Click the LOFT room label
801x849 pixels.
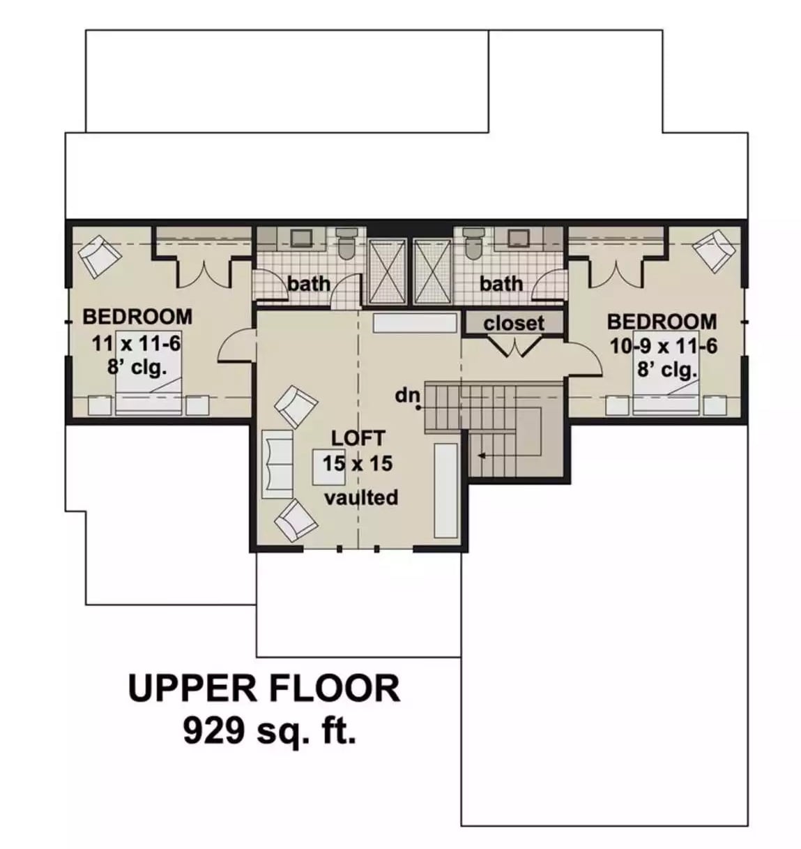click(358, 438)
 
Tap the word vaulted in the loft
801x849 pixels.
click(361, 497)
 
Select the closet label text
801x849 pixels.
click(514, 324)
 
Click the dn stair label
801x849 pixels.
click(407, 396)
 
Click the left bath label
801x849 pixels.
click(309, 284)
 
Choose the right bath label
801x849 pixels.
click(501, 284)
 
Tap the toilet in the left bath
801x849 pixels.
click(346, 242)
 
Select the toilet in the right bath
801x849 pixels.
click(473, 242)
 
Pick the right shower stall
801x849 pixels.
click(432, 271)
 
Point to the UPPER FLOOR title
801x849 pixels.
click(264, 688)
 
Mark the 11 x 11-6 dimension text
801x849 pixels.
click(137, 343)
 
